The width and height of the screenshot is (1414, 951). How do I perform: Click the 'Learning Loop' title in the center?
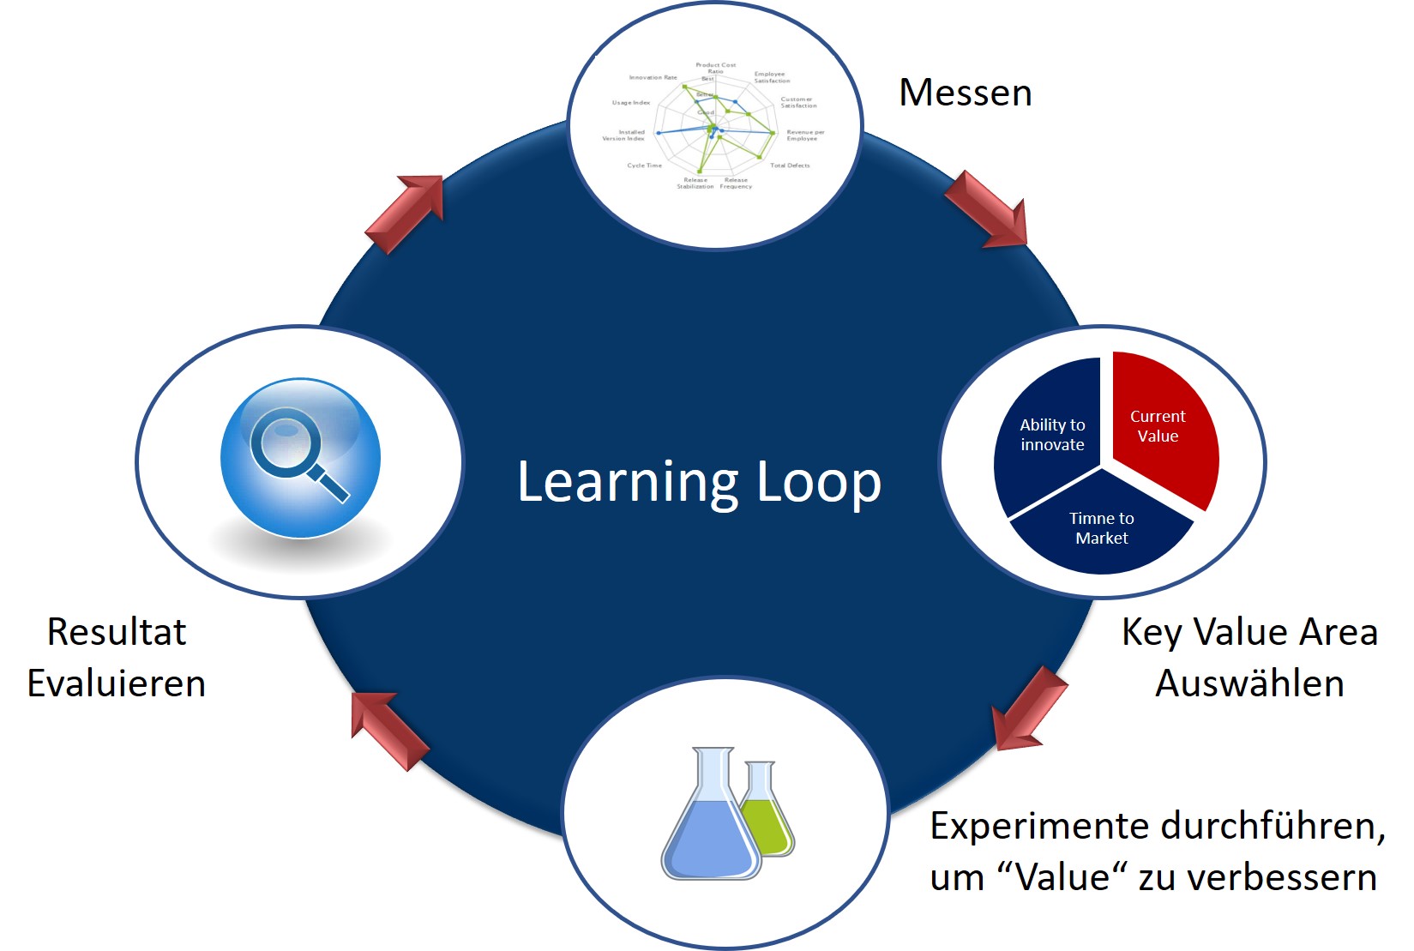point(699,482)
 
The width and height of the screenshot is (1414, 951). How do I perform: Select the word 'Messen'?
point(965,93)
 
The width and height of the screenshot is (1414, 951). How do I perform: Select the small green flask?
point(766,815)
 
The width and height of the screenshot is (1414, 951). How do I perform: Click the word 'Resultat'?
point(117,632)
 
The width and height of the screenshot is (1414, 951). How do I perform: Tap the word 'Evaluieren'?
point(117,683)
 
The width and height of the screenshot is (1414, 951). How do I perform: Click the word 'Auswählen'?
point(1249,683)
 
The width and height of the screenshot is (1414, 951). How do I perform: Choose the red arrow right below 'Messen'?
point(987,209)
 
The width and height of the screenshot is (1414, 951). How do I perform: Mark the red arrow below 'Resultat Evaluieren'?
point(388,730)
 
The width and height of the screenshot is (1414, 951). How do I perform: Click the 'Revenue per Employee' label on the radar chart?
point(804,135)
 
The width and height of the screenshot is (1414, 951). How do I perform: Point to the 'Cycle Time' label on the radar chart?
point(644,166)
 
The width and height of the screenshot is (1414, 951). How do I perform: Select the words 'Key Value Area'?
point(1249,632)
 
